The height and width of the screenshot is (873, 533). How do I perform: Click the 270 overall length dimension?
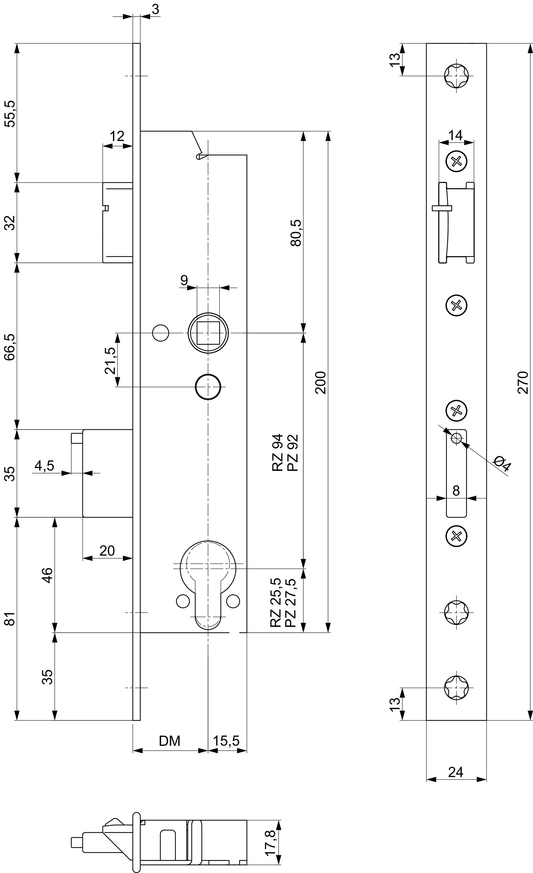(523, 382)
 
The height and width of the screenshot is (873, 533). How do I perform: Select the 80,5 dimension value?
(295, 233)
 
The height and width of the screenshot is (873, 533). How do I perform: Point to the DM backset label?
(169, 741)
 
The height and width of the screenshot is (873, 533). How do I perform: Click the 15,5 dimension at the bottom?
(226, 741)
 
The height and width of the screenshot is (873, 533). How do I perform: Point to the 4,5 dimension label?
(44, 466)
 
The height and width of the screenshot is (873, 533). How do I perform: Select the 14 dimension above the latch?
(456, 135)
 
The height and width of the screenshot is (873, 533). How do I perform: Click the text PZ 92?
(293, 453)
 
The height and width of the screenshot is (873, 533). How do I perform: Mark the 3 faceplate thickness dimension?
(155, 10)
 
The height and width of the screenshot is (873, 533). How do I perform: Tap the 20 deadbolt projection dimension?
(107, 551)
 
